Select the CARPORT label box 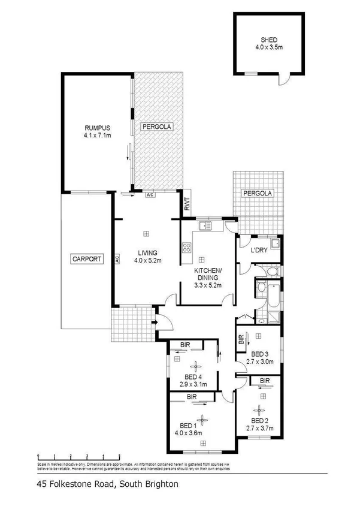[87, 259]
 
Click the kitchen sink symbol [205, 227]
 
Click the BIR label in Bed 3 [241, 340]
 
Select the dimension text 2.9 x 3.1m [193, 384]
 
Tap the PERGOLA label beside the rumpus [156, 127]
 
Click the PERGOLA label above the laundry [258, 193]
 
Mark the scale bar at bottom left [71, 457]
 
